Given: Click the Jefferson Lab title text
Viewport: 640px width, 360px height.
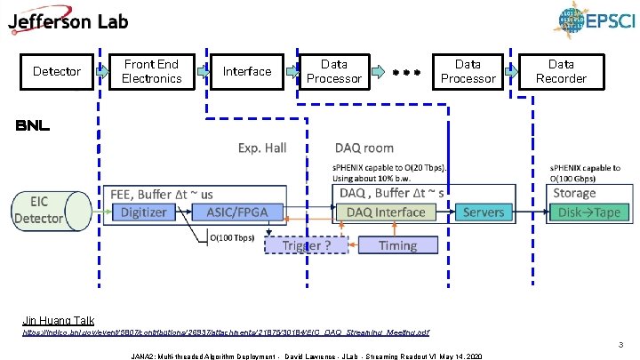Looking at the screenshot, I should tap(68, 22).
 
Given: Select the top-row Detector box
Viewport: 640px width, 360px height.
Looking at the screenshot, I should tap(56, 71).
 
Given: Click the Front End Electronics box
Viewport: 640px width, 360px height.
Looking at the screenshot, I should tap(151, 71).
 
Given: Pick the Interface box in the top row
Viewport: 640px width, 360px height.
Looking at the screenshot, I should tap(247, 71).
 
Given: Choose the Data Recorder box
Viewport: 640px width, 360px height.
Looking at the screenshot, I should tap(561, 71).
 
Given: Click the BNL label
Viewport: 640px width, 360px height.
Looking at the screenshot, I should tap(32, 127).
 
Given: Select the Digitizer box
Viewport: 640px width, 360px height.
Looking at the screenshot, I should tap(143, 212).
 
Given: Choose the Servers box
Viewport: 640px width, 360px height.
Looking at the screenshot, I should tap(484, 212).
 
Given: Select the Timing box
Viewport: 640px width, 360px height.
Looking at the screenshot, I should tap(397, 244).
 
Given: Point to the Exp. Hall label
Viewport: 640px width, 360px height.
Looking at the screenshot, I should tap(261, 148).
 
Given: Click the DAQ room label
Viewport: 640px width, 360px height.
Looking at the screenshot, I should tap(364, 148).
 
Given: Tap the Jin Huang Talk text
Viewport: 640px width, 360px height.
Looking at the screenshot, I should tap(58, 319).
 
